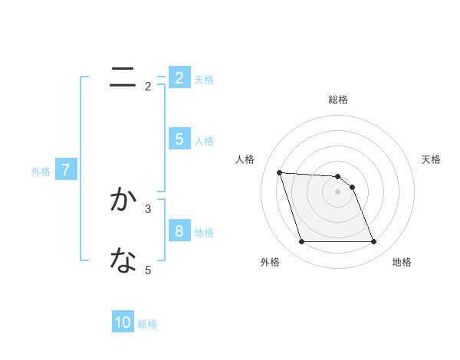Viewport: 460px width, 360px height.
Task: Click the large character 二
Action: point(123,78)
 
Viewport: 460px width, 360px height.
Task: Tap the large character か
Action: point(123,200)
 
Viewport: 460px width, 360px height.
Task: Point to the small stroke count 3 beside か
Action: point(148,208)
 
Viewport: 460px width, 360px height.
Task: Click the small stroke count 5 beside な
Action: point(148,270)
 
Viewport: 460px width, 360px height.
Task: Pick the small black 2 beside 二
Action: point(148,87)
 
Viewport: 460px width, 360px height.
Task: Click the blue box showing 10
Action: point(123,323)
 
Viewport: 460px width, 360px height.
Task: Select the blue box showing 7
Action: point(65,170)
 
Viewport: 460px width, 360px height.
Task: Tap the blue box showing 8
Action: point(179,231)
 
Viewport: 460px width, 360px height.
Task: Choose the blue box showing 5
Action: point(179,139)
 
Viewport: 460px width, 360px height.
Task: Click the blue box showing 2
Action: point(179,78)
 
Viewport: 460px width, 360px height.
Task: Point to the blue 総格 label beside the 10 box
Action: point(148,324)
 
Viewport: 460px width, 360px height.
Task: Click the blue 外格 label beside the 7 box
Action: point(41,172)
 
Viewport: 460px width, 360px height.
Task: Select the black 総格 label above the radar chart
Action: point(338,100)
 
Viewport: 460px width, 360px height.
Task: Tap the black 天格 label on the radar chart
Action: point(432,159)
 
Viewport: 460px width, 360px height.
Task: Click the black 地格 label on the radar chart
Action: point(402,262)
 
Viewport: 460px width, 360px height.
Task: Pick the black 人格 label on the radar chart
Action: point(245,159)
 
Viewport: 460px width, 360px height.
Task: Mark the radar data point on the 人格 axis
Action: point(279,172)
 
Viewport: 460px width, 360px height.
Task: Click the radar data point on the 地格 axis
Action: point(373,242)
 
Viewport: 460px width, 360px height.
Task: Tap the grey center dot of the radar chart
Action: point(338,192)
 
